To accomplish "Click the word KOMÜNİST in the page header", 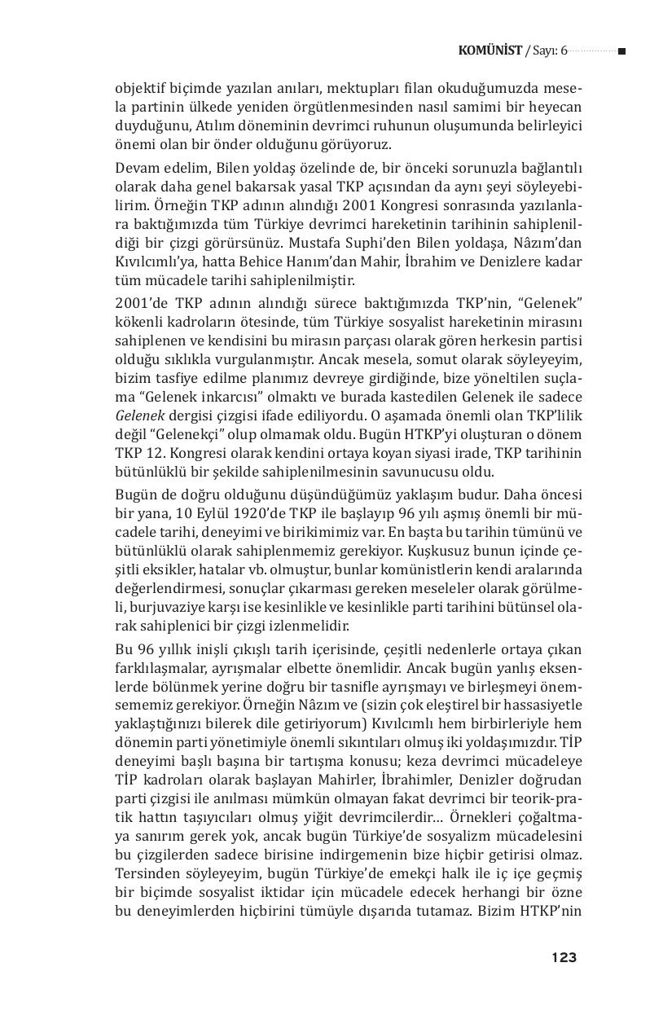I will [x=490, y=51].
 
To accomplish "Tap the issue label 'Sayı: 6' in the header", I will [x=548, y=51].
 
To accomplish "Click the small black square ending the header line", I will [x=621, y=51].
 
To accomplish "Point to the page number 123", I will [x=563, y=957].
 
